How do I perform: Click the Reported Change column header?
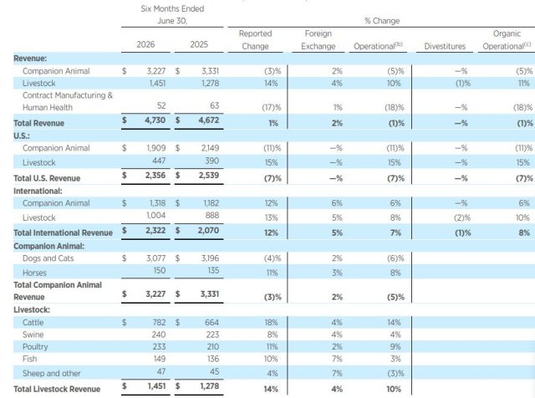[x=255, y=39]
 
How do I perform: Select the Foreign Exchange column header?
[x=318, y=39]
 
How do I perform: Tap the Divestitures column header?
[x=445, y=46]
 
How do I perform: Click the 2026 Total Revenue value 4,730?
[x=155, y=120]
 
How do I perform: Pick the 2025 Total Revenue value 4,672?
[x=209, y=120]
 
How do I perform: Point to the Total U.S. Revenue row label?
[x=47, y=178]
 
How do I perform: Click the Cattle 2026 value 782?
[x=159, y=322]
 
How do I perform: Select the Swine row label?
[x=33, y=334]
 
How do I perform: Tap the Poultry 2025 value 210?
[x=212, y=346]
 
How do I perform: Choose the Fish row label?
[x=30, y=359]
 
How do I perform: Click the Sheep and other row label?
[x=52, y=373]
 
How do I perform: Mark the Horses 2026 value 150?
[x=160, y=270]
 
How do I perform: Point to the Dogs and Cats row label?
[x=48, y=258]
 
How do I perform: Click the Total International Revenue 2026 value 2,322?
[x=155, y=231]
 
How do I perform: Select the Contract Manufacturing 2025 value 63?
[x=215, y=105]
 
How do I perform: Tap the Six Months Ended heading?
[x=172, y=8]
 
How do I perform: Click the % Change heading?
[x=382, y=21]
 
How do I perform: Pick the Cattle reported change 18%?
[x=271, y=322]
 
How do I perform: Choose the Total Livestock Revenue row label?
[x=57, y=389]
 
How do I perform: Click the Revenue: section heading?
[x=30, y=59]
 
